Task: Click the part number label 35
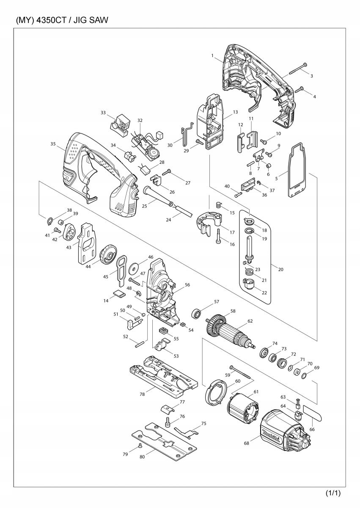pos(53,144)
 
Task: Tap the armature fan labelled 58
pos(217,325)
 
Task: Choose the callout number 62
pos(250,321)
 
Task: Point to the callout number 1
pos(212,55)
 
